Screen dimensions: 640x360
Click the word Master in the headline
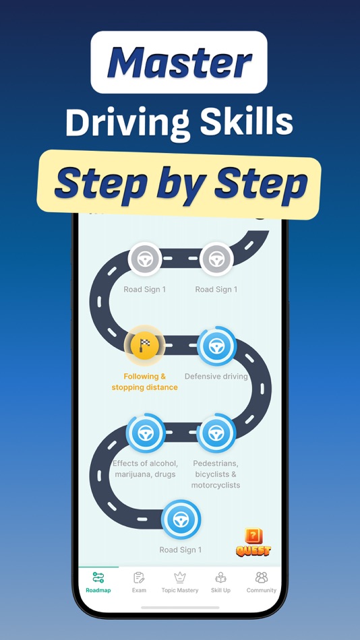[179, 62]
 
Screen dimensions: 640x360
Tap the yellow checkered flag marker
[145, 346]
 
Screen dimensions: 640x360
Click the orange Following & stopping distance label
[144, 382]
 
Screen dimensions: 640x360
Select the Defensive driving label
[216, 377]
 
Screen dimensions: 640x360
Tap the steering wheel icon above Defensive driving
[216, 346]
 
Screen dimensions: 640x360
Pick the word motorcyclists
[216, 485]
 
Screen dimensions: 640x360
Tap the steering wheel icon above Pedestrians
[216, 433]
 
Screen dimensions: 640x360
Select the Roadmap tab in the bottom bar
[98, 582]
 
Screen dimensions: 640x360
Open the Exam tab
[139, 582]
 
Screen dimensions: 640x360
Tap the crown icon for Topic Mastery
[180, 577]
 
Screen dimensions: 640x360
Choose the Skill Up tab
[220, 582]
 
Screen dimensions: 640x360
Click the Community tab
[262, 582]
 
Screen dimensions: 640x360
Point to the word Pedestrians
[216, 463]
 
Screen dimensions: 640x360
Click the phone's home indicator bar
[180, 608]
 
